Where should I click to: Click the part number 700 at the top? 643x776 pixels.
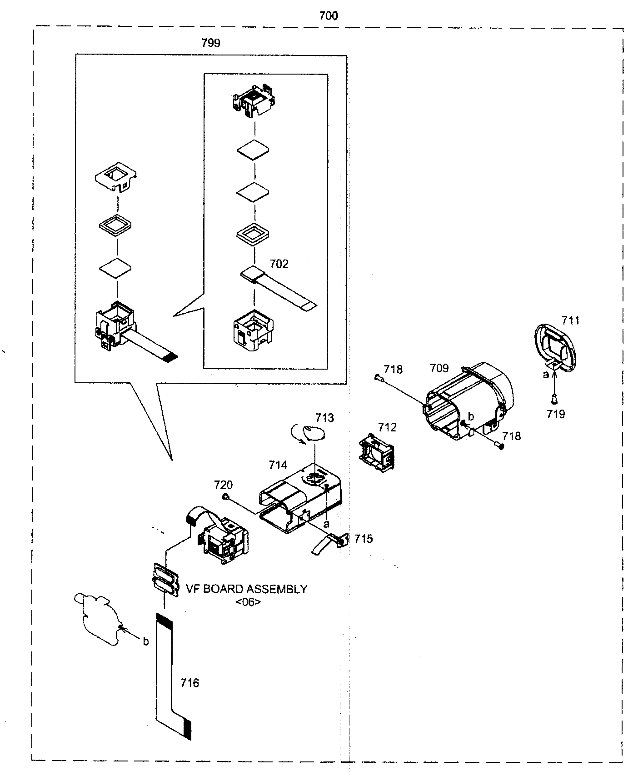tap(329, 16)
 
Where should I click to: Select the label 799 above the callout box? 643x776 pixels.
tap(211, 43)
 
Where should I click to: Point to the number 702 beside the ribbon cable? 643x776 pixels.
tap(279, 264)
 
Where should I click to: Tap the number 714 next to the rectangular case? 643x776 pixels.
tap(278, 465)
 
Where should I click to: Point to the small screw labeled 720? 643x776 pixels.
tap(225, 497)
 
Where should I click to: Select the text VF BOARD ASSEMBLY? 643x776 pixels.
tap(247, 589)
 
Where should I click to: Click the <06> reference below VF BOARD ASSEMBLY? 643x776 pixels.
tap(249, 602)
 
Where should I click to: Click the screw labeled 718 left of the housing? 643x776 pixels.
tap(379, 377)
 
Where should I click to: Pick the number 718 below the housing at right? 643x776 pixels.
tap(512, 436)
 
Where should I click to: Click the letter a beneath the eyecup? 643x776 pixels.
tap(546, 375)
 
